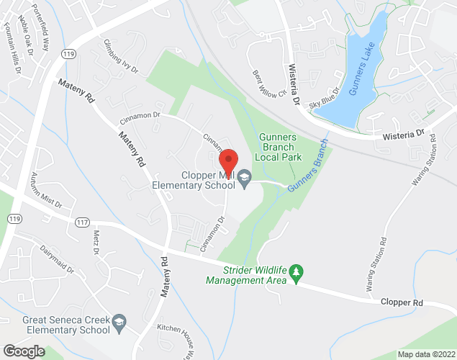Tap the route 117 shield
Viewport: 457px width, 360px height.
click(78, 225)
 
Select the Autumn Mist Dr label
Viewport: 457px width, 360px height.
click(46, 190)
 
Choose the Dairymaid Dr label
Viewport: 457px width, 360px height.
click(57, 260)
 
